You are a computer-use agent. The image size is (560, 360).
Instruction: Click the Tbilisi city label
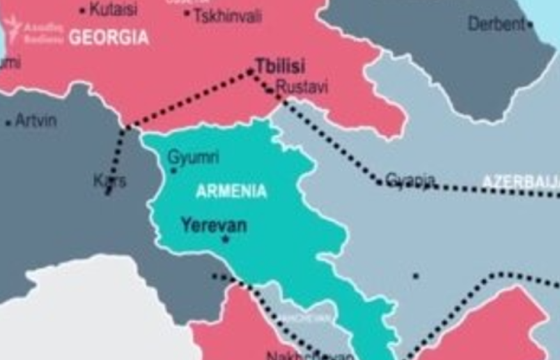tap(280, 66)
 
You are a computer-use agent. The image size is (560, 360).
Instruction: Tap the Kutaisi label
tap(113, 9)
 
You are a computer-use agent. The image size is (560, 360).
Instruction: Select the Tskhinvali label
tap(228, 15)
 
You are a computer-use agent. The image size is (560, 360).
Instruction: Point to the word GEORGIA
tap(109, 37)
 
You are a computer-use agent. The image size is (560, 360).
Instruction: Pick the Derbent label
tap(496, 24)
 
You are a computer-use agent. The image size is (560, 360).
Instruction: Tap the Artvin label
tap(36, 120)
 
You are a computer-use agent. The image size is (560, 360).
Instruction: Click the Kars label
tap(110, 181)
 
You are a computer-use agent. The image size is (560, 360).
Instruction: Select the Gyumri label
tap(193, 157)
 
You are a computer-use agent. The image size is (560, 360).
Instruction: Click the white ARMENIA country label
tap(231, 191)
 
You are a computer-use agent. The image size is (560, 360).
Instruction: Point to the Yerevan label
tap(214, 225)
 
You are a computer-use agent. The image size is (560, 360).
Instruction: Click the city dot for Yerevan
tap(225, 240)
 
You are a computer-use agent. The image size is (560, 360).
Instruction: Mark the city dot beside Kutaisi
tap(82, 10)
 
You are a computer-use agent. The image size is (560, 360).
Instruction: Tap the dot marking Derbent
tap(530, 25)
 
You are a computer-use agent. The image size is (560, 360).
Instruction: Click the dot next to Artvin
tap(8, 122)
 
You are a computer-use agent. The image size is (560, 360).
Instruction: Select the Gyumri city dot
tap(173, 171)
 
